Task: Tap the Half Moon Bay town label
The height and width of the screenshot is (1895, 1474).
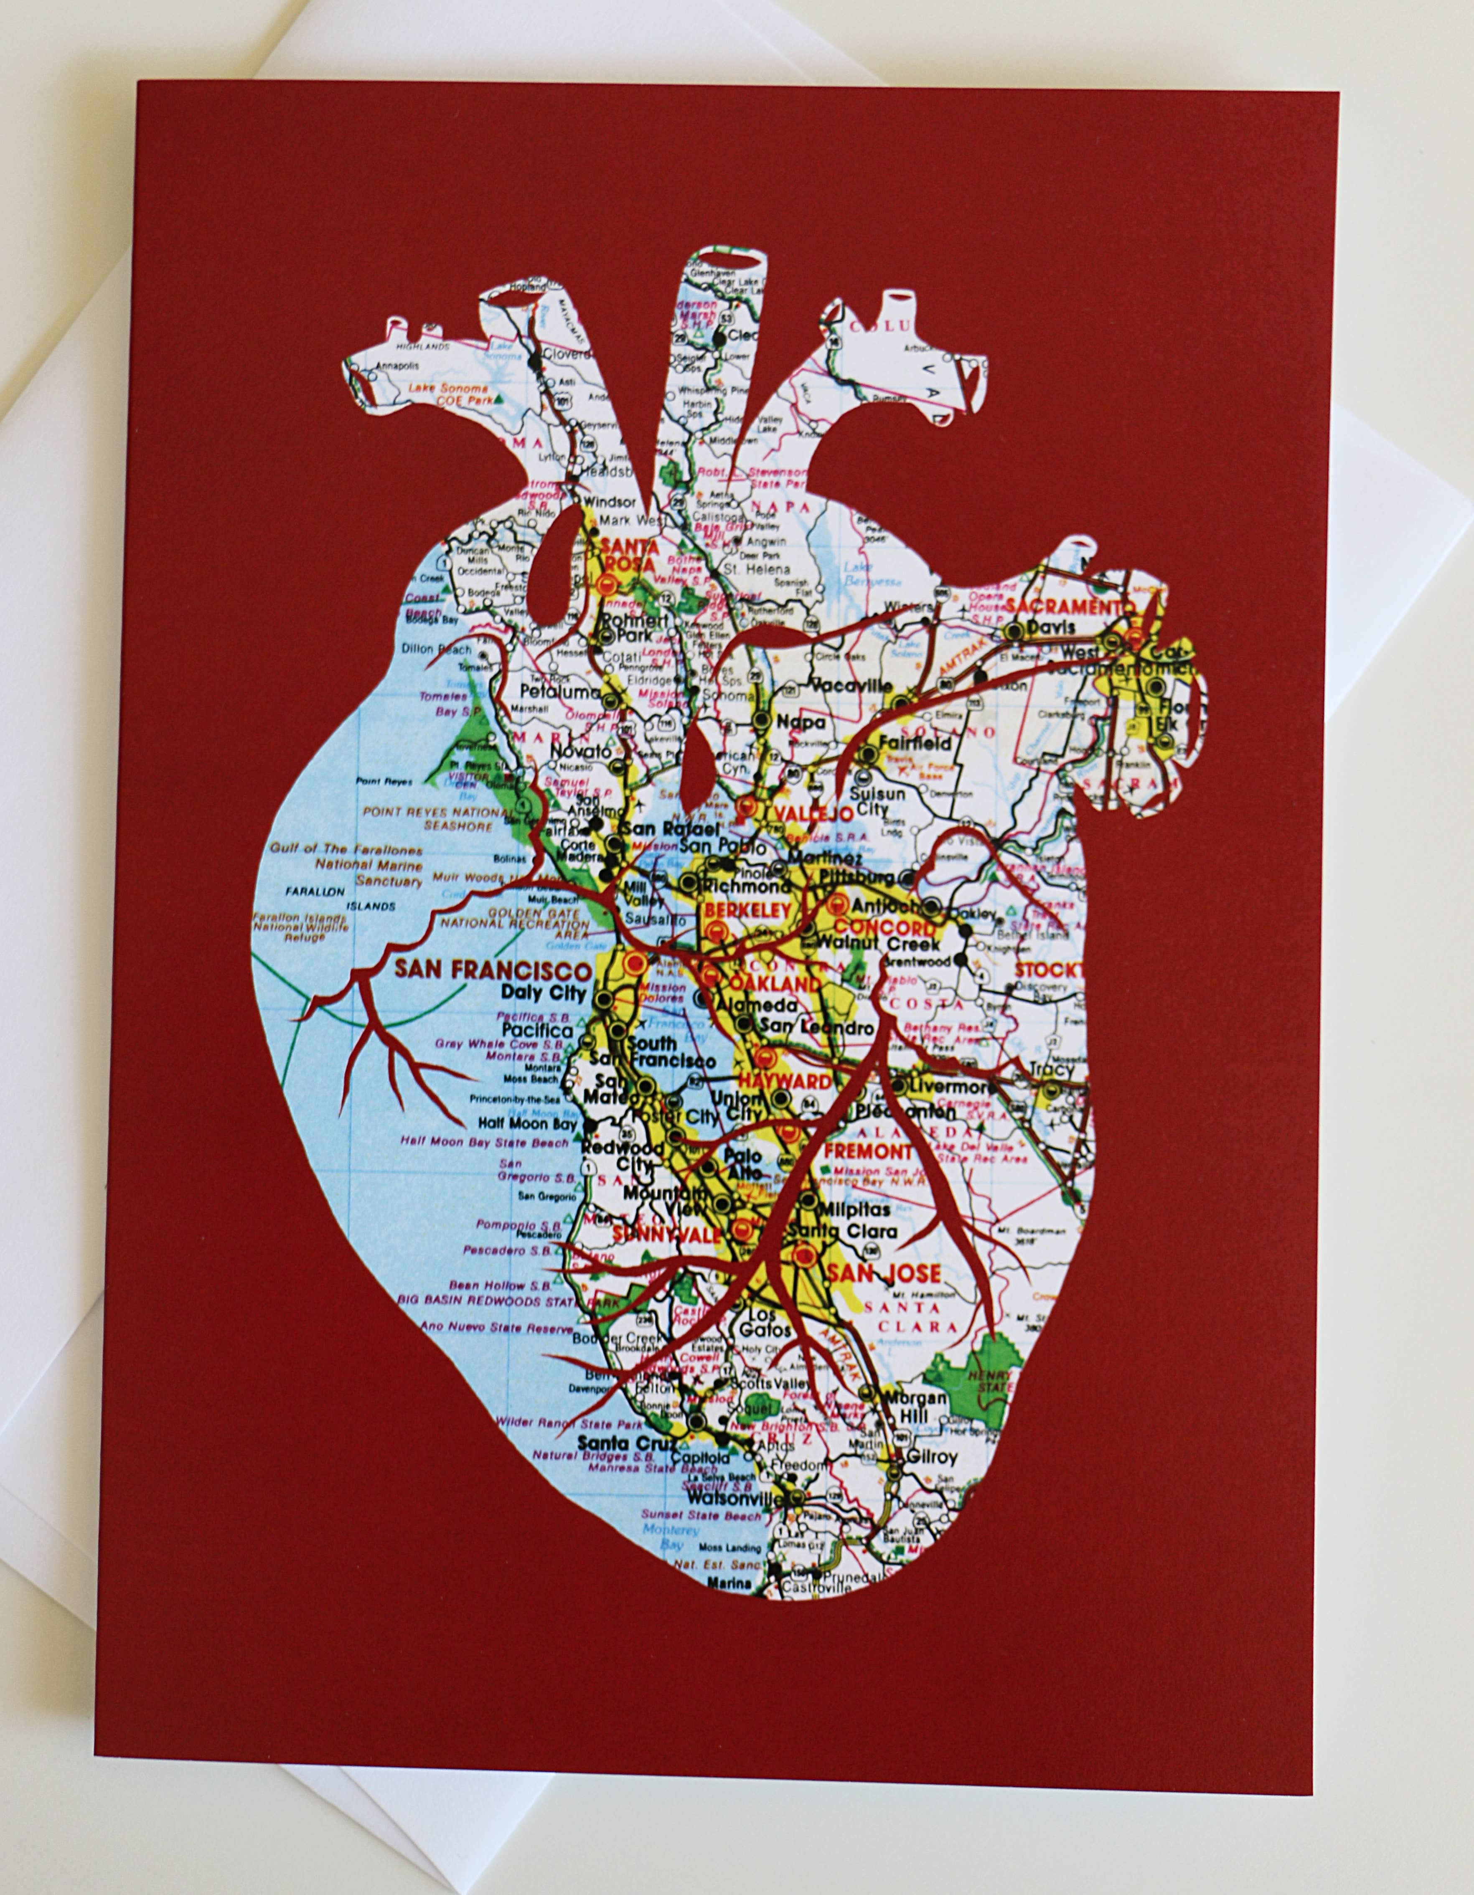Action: tap(528, 1124)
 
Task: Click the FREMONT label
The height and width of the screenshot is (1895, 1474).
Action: tap(868, 1151)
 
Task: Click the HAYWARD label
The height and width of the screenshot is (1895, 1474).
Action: tap(783, 1081)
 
